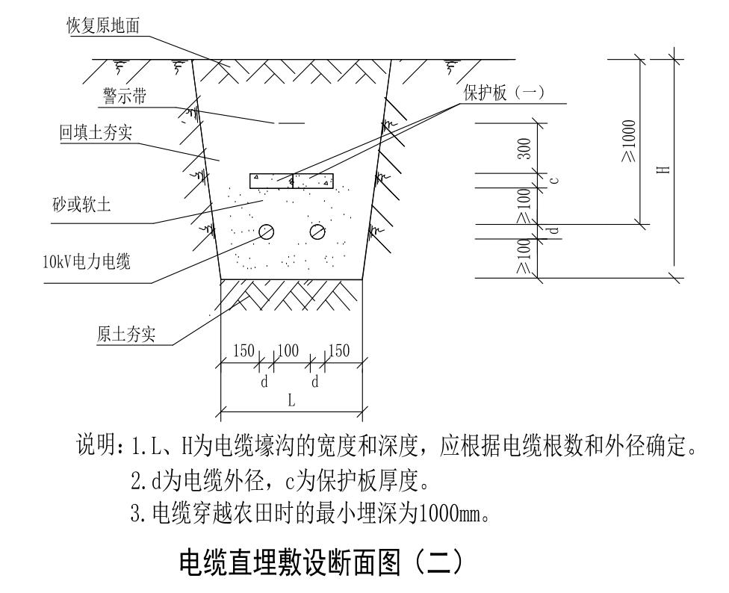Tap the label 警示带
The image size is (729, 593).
(125, 98)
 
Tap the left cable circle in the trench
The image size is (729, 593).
(266, 232)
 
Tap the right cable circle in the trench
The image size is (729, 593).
(317, 232)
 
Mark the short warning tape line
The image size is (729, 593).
(291, 122)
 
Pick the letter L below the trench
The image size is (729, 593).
(292, 400)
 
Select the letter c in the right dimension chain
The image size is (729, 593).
(553, 179)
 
